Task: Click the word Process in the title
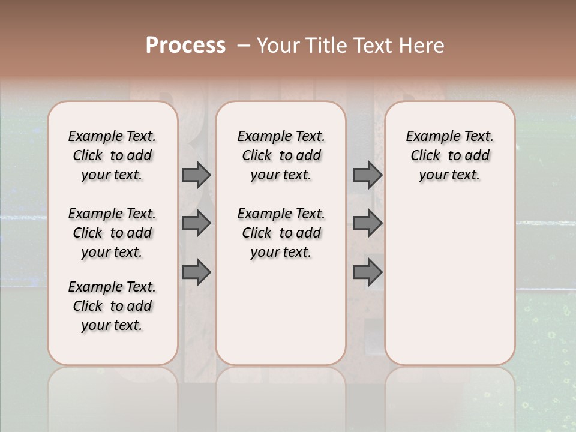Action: pos(185,46)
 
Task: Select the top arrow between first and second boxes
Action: pos(196,175)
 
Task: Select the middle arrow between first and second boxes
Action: pos(196,223)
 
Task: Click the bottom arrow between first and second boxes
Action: pos(196,272)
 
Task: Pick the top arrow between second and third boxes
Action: pos(367,175)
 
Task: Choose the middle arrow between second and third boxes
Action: pos(367,223)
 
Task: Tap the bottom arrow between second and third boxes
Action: pos(367,272)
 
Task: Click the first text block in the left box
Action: pos(112,155)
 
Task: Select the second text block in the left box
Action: pos(112,233)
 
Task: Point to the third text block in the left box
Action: pos(112,306)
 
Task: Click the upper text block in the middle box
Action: pos(281,155)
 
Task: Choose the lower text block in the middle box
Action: pos(281,233)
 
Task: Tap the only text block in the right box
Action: pos(449,155)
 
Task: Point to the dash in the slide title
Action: pos(244,46)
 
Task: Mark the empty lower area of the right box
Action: pos(449,282)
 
